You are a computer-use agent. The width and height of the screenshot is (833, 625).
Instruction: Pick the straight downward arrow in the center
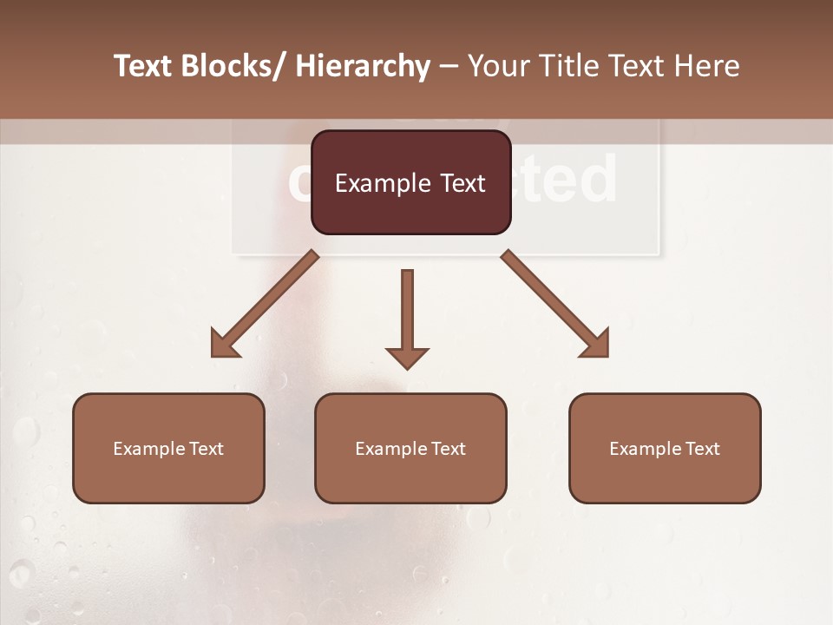click(407, 312)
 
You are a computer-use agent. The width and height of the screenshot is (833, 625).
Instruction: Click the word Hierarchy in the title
click(363, 66)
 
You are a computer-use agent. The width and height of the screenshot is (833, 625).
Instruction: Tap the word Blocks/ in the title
click(235, 66)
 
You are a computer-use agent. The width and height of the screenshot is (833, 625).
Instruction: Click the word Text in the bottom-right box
click(702, 449)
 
